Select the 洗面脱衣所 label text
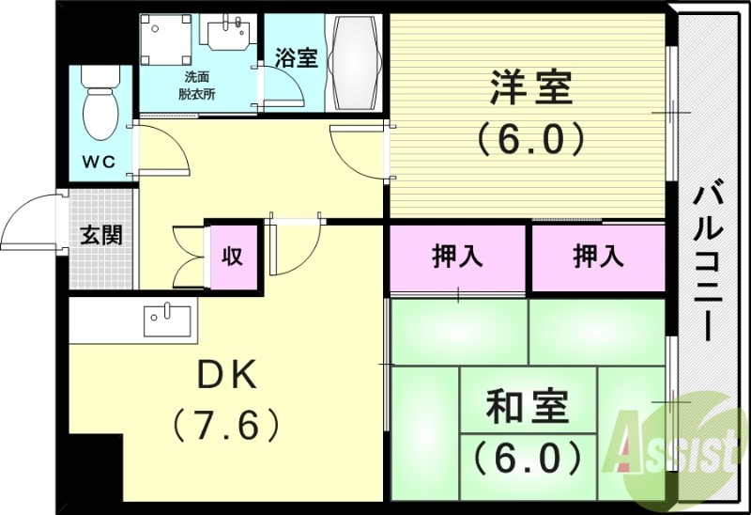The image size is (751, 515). coord(197,85)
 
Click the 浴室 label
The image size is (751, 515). coord(296,56)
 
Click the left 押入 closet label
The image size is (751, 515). coord(457,257)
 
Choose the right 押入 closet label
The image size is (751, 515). coord(598,257)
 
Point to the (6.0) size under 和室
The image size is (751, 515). coord(527,458)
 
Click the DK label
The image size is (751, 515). coord(225,376)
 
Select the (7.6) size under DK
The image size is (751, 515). coord(225,425)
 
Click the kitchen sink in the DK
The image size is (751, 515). coord(167,320)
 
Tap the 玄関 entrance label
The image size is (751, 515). coord(100,234)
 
